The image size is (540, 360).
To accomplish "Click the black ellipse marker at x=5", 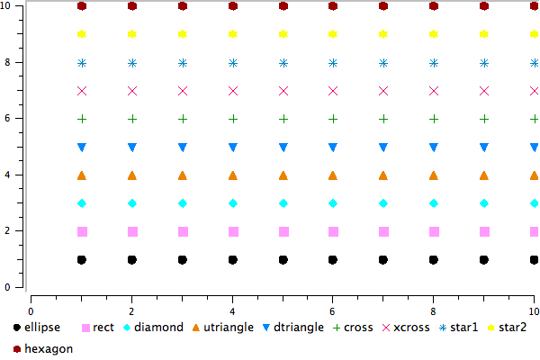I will pos(283,260).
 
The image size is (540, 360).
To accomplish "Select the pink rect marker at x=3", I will pos(183,231).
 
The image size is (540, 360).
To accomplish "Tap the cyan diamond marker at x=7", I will pos(384,203).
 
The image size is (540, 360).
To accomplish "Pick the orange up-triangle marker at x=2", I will pos(132,175).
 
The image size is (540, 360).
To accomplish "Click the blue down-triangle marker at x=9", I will pos(484,147).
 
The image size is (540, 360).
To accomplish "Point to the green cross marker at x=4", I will pos(233,119).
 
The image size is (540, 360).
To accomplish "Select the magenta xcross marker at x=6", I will pos(334,91).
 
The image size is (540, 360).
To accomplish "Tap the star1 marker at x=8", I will pos(434,63).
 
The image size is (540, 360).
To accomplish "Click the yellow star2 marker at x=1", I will pos(82,34).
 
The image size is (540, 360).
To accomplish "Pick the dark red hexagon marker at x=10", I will pos(535,6).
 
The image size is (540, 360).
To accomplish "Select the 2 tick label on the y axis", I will pos(6,231).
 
